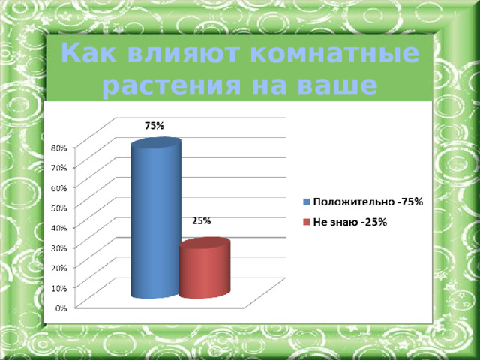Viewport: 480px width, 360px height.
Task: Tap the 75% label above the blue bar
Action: [154, 127]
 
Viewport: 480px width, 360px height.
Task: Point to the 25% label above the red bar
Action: [201, 221]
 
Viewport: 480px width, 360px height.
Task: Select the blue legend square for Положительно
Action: [306, 202]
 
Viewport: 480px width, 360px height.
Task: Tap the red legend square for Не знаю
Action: [306, 222]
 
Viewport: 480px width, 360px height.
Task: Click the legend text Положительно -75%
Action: [367, 202]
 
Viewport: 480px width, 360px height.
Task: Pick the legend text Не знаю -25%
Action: [349, 222]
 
